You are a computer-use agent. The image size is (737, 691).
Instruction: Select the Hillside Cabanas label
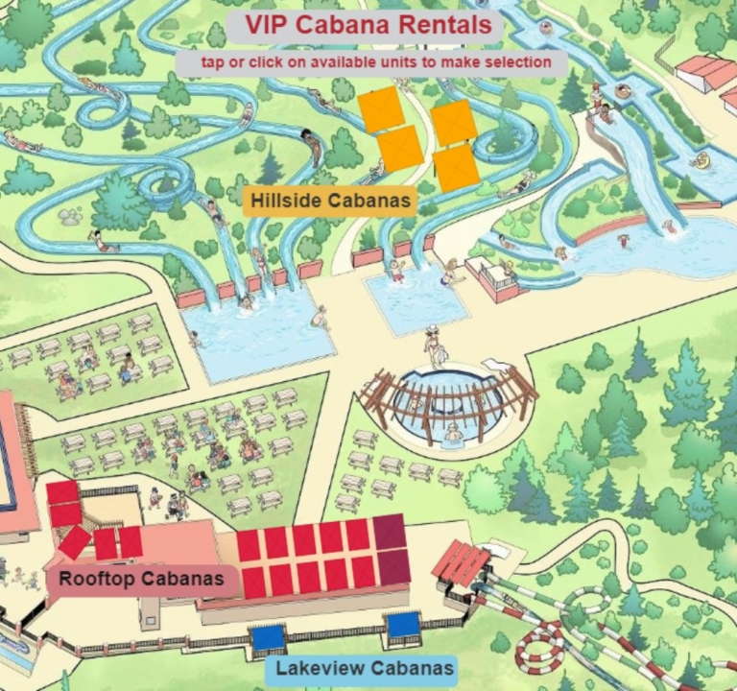click(329, 201)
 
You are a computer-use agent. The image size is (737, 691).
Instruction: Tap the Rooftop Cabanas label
click(141, 579)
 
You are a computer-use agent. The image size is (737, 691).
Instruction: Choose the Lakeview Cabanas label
click(365, 668)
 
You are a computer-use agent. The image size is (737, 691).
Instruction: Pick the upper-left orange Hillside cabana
click(379, 110)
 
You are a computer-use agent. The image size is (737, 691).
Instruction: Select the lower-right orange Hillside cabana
click(456, 166)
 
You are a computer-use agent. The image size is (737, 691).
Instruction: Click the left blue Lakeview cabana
click(268, 636)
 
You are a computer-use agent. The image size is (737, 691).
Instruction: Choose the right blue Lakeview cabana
click(404, 625)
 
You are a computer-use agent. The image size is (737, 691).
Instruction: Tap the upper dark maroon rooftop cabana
click(390, 532)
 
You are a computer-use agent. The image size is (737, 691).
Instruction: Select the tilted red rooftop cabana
click(74, 542)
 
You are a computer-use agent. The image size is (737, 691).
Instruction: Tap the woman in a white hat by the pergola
click(436, 345)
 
